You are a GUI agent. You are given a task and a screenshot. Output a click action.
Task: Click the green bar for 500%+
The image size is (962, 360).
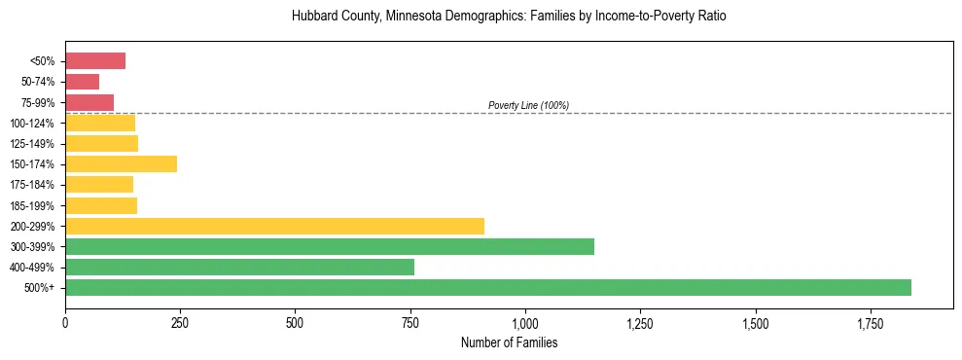487,287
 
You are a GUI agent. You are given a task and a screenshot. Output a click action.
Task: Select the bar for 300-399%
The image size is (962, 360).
329,246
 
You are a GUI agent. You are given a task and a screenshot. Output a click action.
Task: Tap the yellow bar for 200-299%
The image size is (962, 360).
274,226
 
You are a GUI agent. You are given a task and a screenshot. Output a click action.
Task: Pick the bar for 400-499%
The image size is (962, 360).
239,267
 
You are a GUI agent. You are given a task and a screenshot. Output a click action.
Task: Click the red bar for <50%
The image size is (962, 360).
95,61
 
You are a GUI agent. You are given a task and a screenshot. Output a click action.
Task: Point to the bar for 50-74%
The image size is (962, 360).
82,82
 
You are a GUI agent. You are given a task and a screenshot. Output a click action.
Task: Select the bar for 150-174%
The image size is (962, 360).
121,164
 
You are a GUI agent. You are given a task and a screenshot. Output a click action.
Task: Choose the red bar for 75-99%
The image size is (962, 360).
89,102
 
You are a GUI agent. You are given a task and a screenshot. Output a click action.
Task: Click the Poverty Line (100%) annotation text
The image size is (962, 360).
528,105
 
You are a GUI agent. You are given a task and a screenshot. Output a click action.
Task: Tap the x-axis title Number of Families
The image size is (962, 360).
509,342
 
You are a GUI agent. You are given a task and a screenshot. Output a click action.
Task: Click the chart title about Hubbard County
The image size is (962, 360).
509,17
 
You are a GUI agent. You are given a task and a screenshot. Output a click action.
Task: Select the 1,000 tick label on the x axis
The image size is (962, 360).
525,322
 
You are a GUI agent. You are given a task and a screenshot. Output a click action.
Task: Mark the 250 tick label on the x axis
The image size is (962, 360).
180,322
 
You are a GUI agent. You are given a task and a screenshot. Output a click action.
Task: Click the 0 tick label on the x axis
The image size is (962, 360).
65,322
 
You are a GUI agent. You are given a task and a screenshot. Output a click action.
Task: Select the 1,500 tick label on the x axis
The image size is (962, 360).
755,322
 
